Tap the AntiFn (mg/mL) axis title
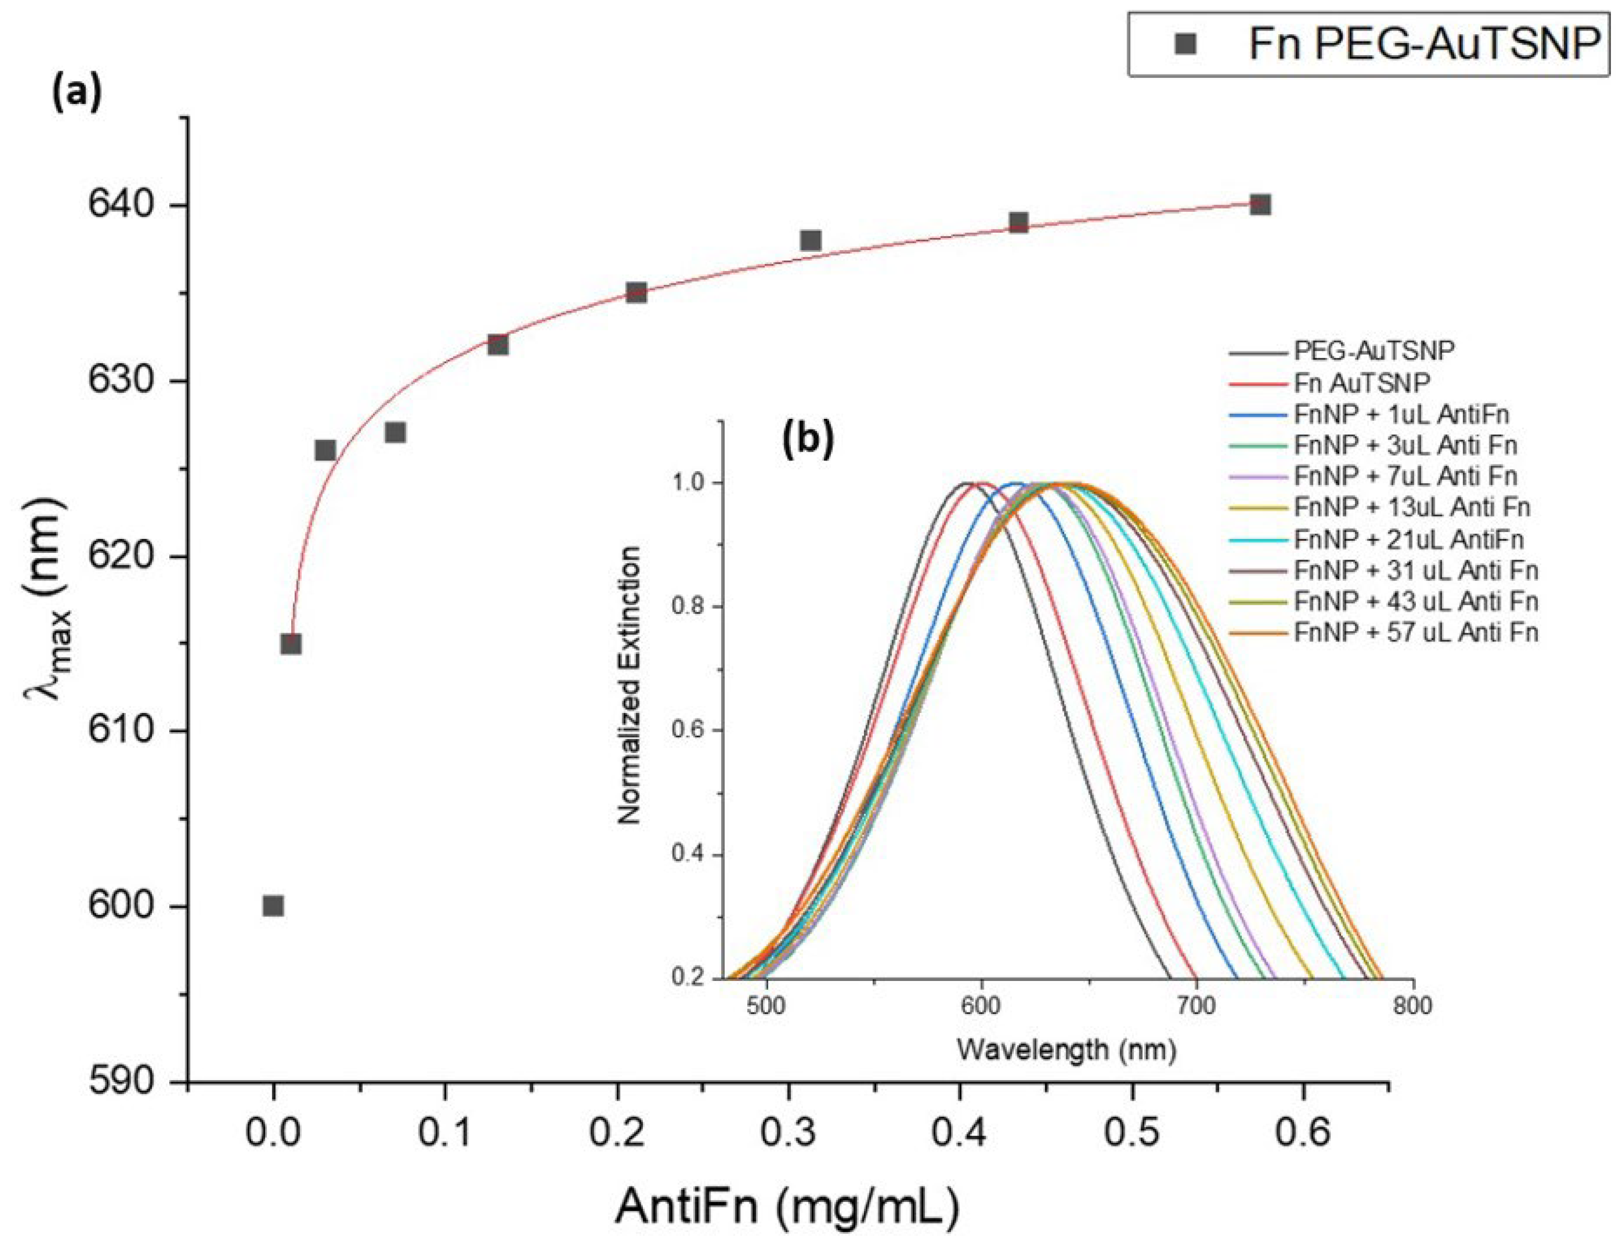(x=787, y=1206)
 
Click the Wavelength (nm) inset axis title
(x=1067, y=1049)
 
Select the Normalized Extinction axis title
(x=629, y=685)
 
